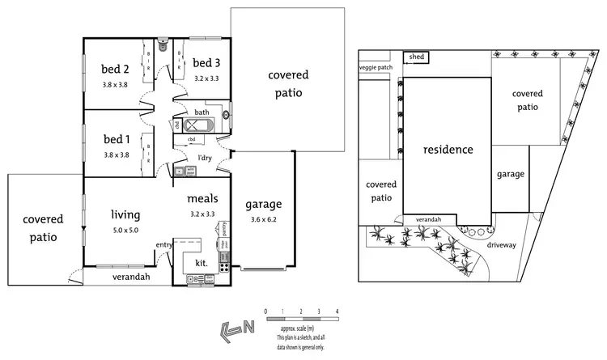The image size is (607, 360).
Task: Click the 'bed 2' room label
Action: click(117, 68)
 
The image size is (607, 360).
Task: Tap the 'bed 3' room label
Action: click(207, 63)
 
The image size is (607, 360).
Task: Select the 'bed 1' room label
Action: click(117, 139)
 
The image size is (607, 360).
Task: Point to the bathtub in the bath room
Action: click(199, 125)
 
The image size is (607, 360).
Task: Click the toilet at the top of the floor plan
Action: click(163, 46)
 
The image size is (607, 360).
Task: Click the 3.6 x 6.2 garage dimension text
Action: click(263, 220)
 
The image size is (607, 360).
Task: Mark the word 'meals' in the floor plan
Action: click(201, 199)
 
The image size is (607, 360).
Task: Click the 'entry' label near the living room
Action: click(164, 245)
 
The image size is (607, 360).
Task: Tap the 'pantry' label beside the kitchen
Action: click(223, 230)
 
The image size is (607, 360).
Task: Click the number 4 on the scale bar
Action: click(337, 311)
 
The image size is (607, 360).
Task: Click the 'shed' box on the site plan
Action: click(416, 57)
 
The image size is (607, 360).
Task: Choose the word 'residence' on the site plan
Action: click(447, 150)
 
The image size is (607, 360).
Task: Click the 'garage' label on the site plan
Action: click(511, 174)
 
